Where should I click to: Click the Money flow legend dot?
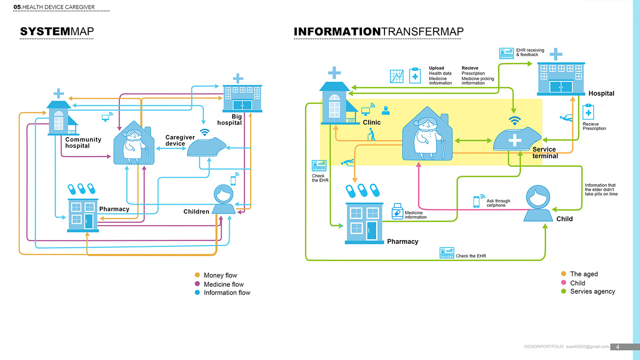pos(197,275)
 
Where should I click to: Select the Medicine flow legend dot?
pos(197,284)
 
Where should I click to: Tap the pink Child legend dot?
pos(564,283)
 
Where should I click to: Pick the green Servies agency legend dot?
pos(564,291)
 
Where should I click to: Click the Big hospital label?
pos(229,120)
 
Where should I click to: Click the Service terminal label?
pos(545,153)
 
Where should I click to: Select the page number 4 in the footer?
pos(618,347)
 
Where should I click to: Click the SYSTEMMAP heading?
pos(57,32)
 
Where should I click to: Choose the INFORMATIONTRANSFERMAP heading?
pos(379,32)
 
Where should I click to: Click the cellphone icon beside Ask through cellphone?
pos(477,202)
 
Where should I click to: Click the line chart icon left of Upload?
pos(396,76)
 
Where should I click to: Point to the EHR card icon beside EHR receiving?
pos(507,53)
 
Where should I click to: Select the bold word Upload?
pos(436,68)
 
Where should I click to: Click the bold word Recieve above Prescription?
pos(470,68)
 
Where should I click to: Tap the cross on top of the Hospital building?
pos(556,54)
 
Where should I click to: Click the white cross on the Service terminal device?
pos(515,140)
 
